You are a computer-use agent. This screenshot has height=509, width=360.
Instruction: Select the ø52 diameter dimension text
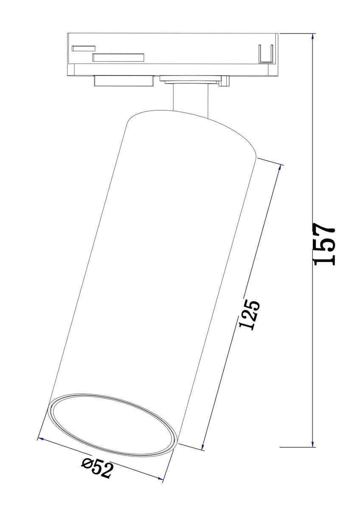[98, 468]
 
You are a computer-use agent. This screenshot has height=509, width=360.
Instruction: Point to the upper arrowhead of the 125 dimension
[280, 168]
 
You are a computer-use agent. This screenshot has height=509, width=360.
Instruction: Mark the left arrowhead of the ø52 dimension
[40, 438]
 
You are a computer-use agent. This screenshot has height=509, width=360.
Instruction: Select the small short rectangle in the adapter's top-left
[83, 48]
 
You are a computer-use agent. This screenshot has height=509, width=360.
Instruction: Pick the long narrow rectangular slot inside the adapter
[118, 58]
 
